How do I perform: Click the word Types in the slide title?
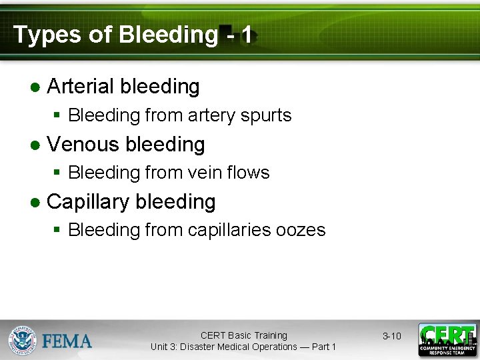(x=43, y=35)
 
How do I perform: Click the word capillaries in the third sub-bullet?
(x=229, y=231)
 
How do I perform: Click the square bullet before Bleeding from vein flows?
(x=57, y=173)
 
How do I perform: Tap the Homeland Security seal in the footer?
(x=23, y=340)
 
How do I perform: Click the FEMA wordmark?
(x=67, y=341)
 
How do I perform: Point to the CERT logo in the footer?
(x=447, y=339)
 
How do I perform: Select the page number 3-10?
(x=391, y=336)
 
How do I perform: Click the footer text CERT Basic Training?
(x=243, y=335)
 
